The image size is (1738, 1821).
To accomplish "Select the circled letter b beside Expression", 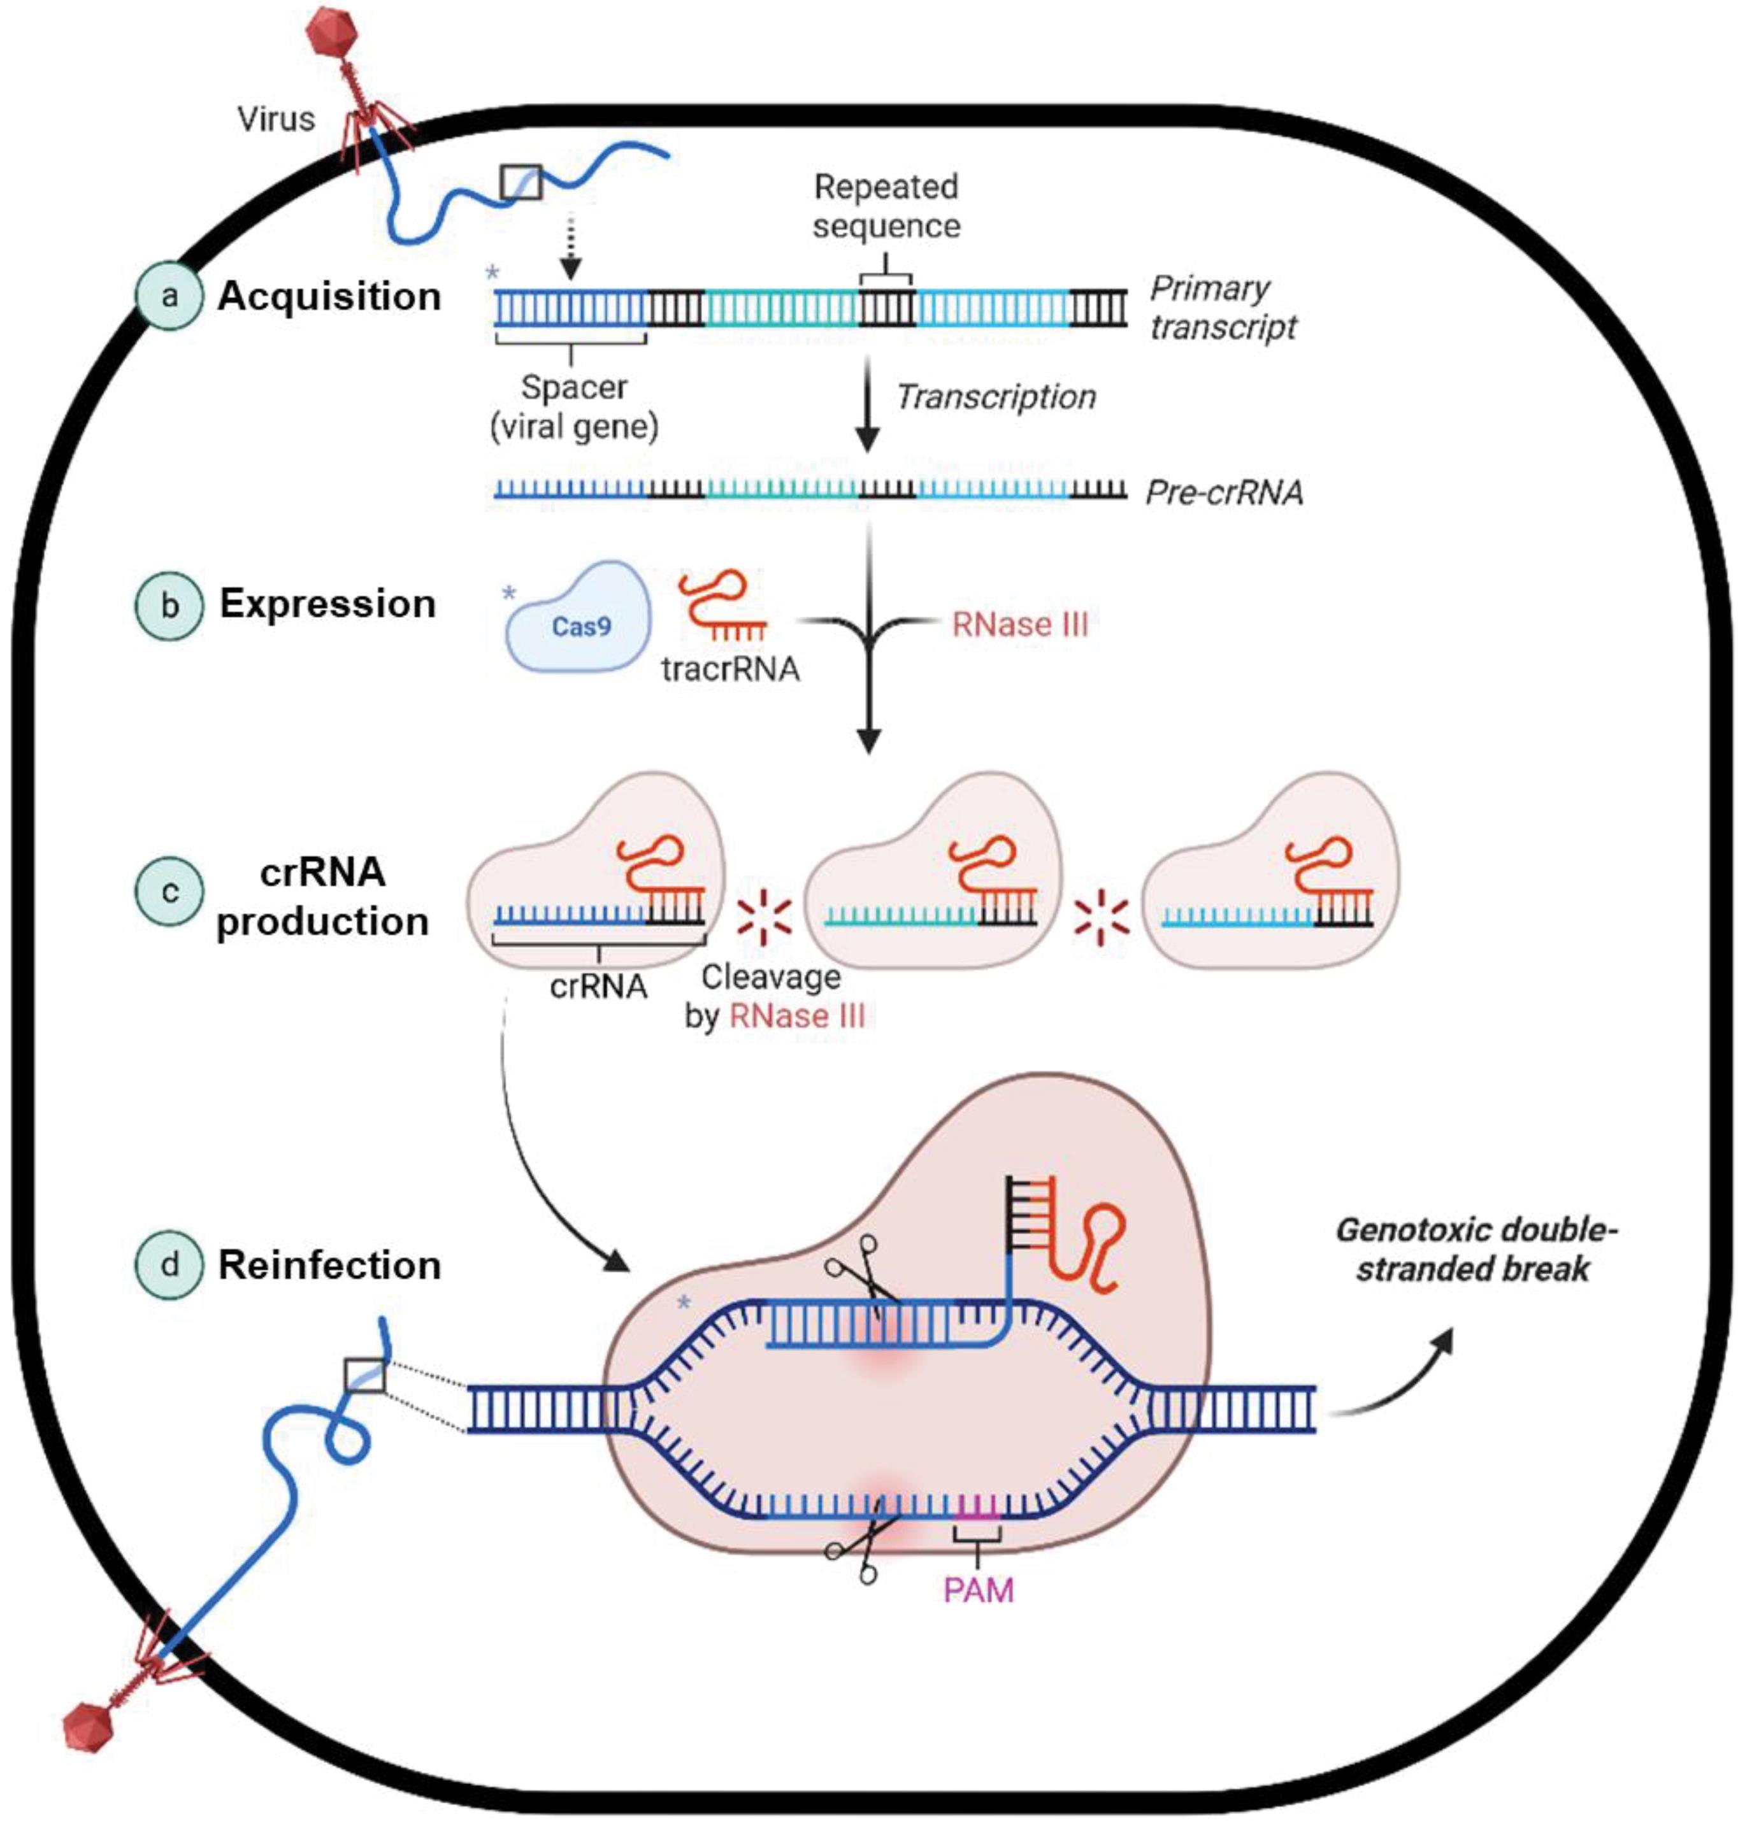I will click(169, 606).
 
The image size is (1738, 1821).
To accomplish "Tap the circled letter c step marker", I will click(169, 892).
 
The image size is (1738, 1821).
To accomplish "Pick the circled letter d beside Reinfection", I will click(169, 1265).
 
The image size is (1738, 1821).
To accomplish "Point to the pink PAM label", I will click(979, 1590).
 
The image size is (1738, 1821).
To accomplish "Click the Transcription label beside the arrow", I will click(996, 396).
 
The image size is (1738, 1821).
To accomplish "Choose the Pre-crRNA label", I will click(1224, 492).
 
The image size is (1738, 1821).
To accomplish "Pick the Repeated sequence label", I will click(886, 206).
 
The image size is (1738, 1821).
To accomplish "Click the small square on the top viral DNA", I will click(520, 182).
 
